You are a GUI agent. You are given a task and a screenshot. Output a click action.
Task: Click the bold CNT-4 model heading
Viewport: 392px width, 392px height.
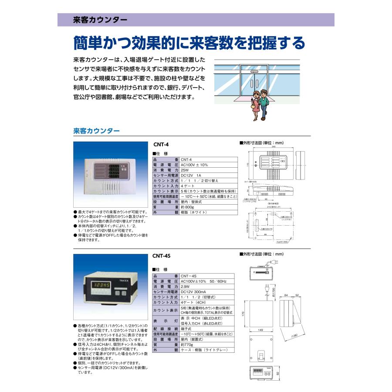click(161, 145)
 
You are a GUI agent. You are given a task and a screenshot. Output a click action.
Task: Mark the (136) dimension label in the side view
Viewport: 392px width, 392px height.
click(294, 335)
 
